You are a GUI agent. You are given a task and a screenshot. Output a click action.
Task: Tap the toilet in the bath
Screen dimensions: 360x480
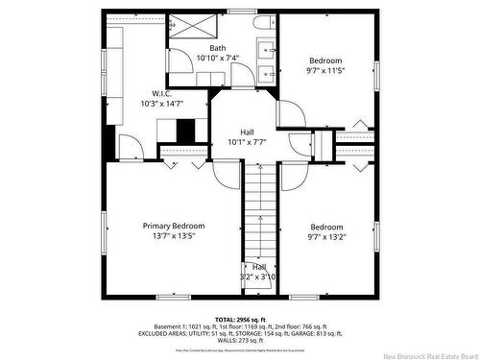(x=262, y=23)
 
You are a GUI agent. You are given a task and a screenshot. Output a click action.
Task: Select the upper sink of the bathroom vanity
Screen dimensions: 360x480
(x=265, y=48)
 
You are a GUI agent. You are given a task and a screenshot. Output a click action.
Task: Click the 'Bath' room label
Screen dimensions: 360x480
(x=218, y=48)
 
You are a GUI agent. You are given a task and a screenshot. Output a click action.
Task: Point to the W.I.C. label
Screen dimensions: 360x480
(x=160, y=93)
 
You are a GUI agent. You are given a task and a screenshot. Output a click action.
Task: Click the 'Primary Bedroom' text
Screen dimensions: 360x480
(x=174, y=226)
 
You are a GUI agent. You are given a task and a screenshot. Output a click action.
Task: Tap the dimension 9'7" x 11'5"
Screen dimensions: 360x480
(x=325, y=69)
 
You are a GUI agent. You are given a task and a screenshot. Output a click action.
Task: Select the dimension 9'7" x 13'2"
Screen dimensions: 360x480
(x=325, y=236)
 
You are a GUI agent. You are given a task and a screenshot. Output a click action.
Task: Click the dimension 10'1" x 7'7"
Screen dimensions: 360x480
(x=247, y=142)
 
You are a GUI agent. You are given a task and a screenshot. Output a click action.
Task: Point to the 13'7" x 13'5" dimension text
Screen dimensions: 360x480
(x=174, y=236)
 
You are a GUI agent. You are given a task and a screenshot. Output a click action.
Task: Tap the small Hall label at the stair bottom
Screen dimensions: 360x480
(x=259, y=267)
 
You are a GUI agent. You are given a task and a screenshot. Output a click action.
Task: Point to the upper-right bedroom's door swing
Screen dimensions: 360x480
(x=291, y=113)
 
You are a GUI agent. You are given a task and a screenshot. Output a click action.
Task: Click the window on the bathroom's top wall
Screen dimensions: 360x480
(x=240, y=12)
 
